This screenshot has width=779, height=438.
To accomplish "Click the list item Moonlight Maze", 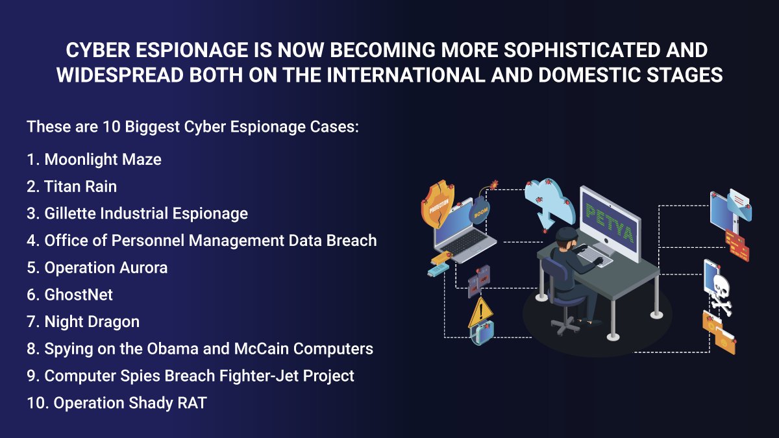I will coord(103,160).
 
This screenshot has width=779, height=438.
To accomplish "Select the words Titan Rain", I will coord(80,187).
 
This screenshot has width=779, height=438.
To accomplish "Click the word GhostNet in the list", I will coord(79,295).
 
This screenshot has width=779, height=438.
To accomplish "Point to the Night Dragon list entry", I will coord(92,322).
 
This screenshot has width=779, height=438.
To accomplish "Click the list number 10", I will coord(36,403).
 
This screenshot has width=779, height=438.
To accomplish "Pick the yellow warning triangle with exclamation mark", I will coord(480,313).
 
